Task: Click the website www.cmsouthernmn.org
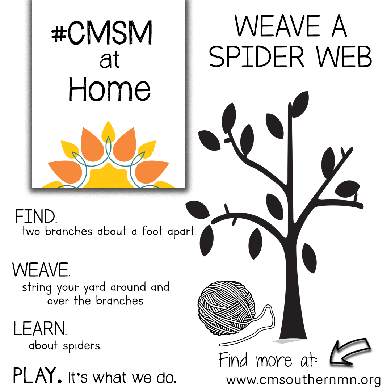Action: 303,380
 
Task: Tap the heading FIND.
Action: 36,217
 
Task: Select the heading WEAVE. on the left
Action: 41,270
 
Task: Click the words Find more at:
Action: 268,360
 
